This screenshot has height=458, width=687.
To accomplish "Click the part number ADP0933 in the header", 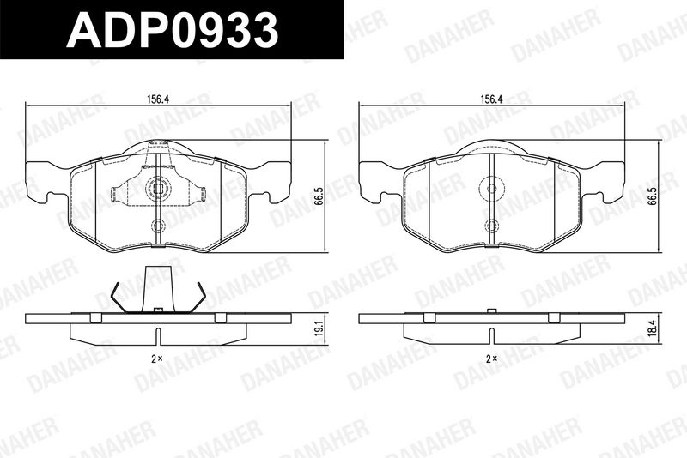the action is click(173, 30).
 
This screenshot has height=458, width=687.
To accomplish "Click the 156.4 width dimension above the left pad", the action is click(158, 99).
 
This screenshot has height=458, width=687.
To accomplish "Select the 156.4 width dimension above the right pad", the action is click(491, 99).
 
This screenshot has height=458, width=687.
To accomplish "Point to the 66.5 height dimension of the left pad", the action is click(319, 196).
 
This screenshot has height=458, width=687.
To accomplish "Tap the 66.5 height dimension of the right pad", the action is click(653, 196).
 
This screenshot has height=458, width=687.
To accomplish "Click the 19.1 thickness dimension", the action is click(319, 329).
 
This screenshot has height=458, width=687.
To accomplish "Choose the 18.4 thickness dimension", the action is click(654, 328).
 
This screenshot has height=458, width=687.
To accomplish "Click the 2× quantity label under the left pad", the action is click(157, 359).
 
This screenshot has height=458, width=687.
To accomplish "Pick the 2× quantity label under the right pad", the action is click(491, 359).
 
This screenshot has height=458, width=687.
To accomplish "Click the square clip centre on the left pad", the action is click(158, 188).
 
